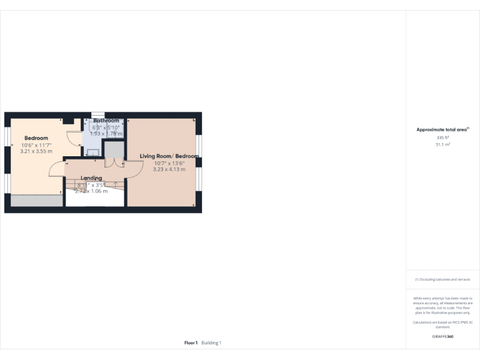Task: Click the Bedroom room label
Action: click(36, 138)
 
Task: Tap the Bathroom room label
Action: click(106, 121)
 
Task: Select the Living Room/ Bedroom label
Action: click(169, 156)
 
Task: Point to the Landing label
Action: click(91, 178)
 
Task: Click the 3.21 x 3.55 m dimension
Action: click(36, 151)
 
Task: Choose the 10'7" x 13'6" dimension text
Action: click(169, 162)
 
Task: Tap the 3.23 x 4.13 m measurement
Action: click(169, 169)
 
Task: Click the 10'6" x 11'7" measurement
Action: click(36, 145)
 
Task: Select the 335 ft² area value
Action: click(442, 137)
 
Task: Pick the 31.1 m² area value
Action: click(442, 144)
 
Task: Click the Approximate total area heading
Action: click(442, 129)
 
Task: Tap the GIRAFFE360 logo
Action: click(442, 337)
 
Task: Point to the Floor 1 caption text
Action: click(191, 342)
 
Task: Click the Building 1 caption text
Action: click(211, 342)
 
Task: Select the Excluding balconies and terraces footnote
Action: click(442, 279)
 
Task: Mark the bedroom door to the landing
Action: click(56, 169)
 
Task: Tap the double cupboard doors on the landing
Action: click(113, 162)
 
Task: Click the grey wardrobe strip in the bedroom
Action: click(37, 201)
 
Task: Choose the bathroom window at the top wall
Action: click(98, 114)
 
